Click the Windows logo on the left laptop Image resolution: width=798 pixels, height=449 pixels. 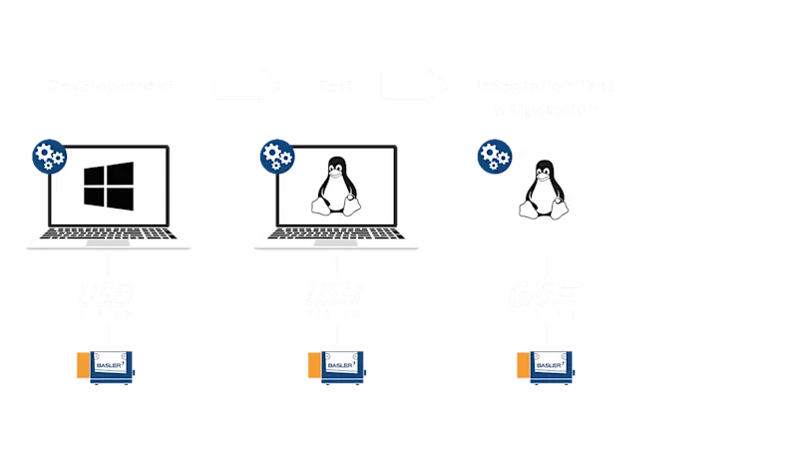[x=108, y=188]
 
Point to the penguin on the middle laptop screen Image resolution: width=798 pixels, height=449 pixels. [x=335, y=188]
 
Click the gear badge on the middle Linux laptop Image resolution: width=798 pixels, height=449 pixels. [x=275, y=158]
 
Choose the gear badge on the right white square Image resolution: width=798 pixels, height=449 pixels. [x=492, y=158]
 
